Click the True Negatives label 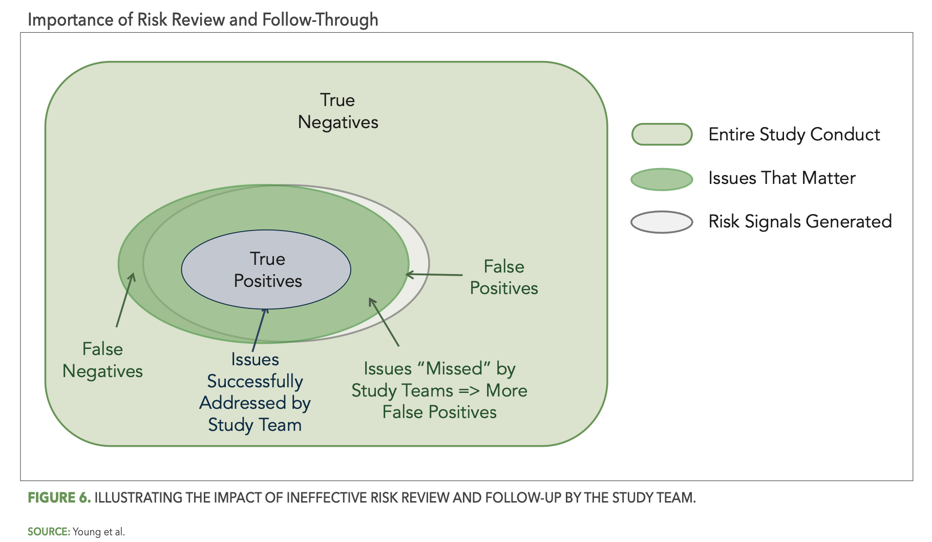[338, 111]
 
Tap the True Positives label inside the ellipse [267, 270]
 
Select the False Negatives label [102, 360]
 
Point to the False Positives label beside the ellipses [504, 277]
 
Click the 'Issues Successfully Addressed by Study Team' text [255, 392]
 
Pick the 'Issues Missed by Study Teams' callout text [439, 390]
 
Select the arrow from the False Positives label [434, 275]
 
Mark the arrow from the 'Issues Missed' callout [384, 322]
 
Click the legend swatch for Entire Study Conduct [662, 134]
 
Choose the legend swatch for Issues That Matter [662, 179]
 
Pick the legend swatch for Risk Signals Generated [662, 222]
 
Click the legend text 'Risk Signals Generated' [800, 221]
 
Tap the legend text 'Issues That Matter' [781, 178]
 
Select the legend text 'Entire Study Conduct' [794, 134]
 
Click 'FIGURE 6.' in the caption [59, 497]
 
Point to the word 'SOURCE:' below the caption [49, 532]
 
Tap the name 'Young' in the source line [87, 532]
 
